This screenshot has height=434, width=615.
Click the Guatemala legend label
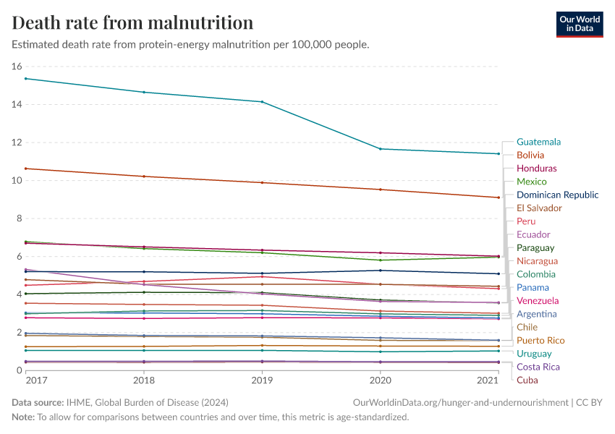(539, 142)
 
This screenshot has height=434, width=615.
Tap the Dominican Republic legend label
(557, 195)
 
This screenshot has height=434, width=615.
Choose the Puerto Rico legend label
(540, 340)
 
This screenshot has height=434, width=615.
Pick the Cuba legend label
(527, 380)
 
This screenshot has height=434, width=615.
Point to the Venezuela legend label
(538, 300)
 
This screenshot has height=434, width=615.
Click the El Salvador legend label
(539, 208)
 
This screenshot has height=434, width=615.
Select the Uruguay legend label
(535, 353)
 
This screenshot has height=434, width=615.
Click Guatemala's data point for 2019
(262, 102)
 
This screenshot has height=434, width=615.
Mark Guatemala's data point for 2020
(381, 149)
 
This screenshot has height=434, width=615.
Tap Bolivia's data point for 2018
(144, 176)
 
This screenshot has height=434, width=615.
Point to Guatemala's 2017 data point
(25, 78)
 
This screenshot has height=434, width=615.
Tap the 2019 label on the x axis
(262, 380)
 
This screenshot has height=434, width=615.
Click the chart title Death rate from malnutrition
(133, 22)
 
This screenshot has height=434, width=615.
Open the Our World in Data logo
(579, 23)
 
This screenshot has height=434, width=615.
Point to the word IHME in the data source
(77, 402)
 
